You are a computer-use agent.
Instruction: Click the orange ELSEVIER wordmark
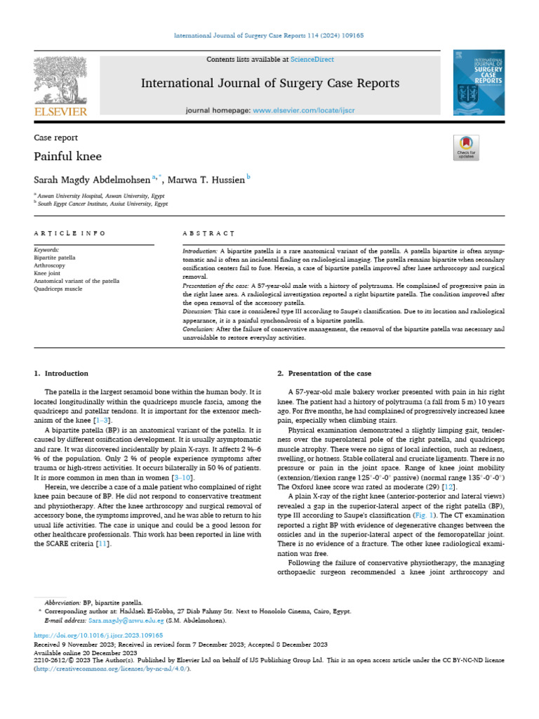60,111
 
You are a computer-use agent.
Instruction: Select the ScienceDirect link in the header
314,60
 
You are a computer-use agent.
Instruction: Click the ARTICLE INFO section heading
70,232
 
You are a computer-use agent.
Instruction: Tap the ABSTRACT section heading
208,232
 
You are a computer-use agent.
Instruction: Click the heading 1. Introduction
62,374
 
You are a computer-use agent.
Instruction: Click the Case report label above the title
56,138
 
